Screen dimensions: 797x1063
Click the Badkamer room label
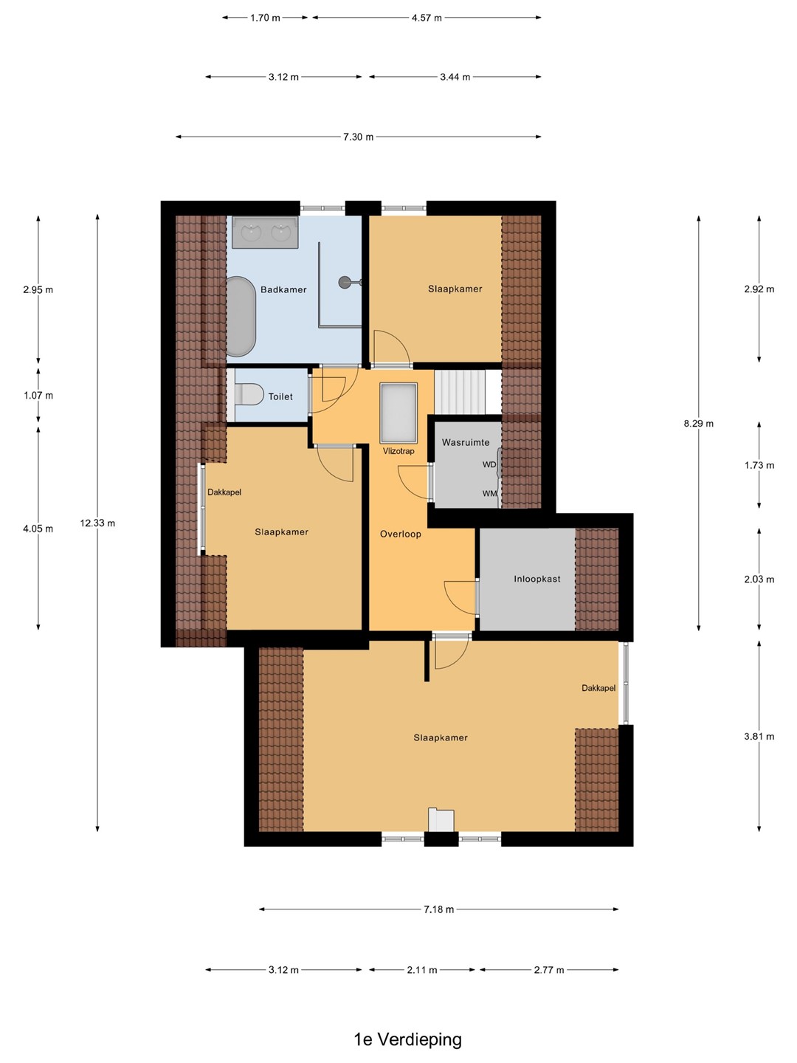tap(283, 289)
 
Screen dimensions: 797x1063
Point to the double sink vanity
tap(265, 233)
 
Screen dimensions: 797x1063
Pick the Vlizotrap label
tap(398, 451)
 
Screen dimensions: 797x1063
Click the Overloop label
tap(401, 534)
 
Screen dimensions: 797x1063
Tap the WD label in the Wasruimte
tap(489, 464)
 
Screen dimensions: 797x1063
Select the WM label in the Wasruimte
tap(490, 494)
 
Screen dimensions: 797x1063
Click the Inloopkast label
tap(537, 579)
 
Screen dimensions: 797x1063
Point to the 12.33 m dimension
tap(97, 523)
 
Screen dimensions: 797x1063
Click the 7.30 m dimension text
tap(359, 137)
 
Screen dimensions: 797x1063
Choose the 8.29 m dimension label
tap(698, 423)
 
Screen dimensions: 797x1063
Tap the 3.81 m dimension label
tap(759, 736)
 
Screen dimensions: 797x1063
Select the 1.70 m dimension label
tap(265, 18)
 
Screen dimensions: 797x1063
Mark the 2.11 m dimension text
tap(422, 969)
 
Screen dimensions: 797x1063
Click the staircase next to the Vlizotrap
tap(460, 392)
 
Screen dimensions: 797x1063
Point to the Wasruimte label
tap(466, 442)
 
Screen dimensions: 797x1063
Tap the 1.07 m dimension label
tap(38, 396)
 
